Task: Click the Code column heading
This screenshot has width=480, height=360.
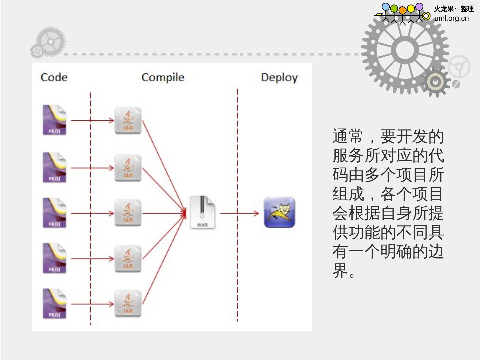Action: [54, 77]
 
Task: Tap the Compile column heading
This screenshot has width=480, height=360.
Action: [163, 77]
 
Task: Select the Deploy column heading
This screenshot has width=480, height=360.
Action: [279, 77]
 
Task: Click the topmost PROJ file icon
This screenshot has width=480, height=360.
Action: [54, 120]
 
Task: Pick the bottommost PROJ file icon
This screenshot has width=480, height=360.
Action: [54, 303]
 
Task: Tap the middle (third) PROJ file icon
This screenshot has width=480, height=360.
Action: [54, 213]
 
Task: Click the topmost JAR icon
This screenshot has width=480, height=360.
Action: [128, 120]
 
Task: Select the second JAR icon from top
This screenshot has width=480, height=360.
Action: [128, 168]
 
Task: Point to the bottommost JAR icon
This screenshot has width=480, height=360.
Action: [128, 303]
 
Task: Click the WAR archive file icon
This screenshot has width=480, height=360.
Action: [202, 212]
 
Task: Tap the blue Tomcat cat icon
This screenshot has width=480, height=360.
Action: [279, 213]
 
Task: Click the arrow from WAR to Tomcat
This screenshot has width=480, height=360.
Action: [239, 213]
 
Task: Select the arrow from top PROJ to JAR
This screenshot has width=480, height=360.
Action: [93, 120]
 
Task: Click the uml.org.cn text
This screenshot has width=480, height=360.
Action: [451, 18]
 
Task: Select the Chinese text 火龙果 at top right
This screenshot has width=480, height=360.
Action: [444, 9]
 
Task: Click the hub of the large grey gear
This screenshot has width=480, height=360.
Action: [405, 50]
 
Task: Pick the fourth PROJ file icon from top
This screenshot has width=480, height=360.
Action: [54, 258]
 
